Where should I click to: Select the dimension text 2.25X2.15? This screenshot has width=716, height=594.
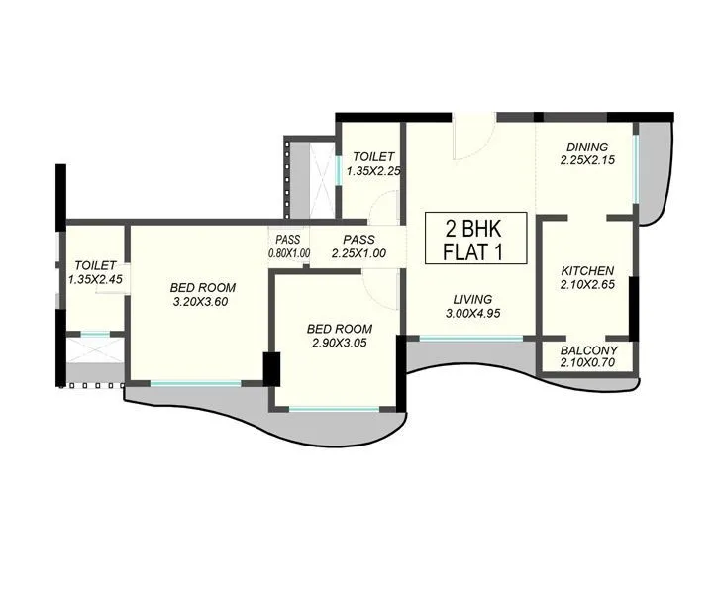(587, 159)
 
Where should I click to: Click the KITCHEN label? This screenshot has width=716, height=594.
(587, 271)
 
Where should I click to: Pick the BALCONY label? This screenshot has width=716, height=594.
(588, 350)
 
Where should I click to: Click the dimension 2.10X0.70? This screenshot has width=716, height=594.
(588, 363)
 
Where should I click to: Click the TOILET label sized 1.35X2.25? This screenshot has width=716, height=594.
(373, 156)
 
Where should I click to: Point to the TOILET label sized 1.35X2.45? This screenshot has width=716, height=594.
(95, 265)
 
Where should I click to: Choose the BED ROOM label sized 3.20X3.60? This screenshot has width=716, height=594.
(202, 288)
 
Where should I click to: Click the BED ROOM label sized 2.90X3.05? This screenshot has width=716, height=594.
(339, 329)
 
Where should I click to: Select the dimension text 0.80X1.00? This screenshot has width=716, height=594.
(288, 253)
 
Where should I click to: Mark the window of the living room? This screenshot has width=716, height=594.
(470, 339)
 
